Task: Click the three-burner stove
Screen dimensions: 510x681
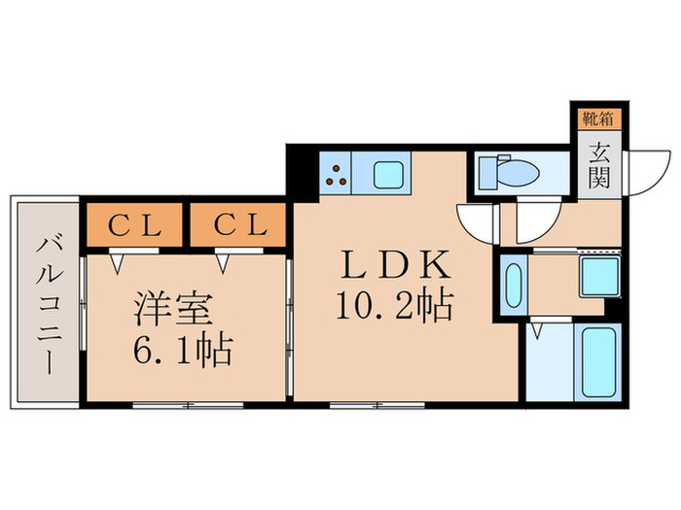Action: (336, 173)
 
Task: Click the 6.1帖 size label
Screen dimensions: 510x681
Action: (183, 351)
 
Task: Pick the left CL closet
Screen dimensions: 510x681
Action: (134, 226)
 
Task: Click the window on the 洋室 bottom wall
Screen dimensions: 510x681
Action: (174, 403)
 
